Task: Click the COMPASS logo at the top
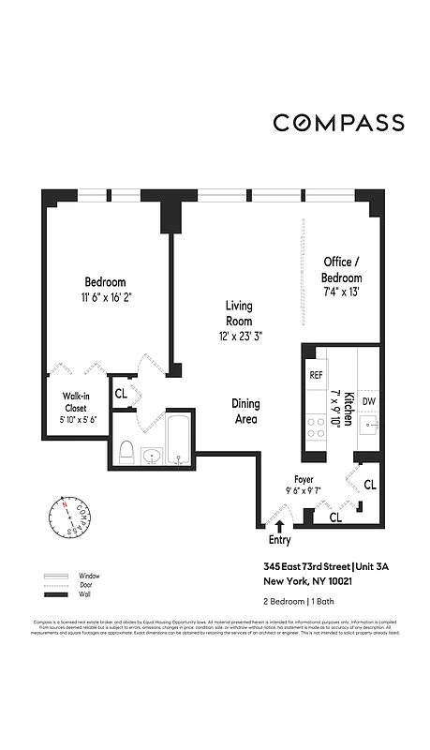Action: (x=338, y=123)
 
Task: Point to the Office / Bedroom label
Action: (x=342, y=270)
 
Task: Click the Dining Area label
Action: (x=245, y=412)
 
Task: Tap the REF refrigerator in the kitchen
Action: (x=316, y=374)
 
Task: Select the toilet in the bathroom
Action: (x=126, y=453)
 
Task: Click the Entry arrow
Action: (x=279, y=527)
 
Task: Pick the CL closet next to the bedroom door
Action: (x=121, y=394)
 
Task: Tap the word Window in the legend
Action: (x=90, y=576)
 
